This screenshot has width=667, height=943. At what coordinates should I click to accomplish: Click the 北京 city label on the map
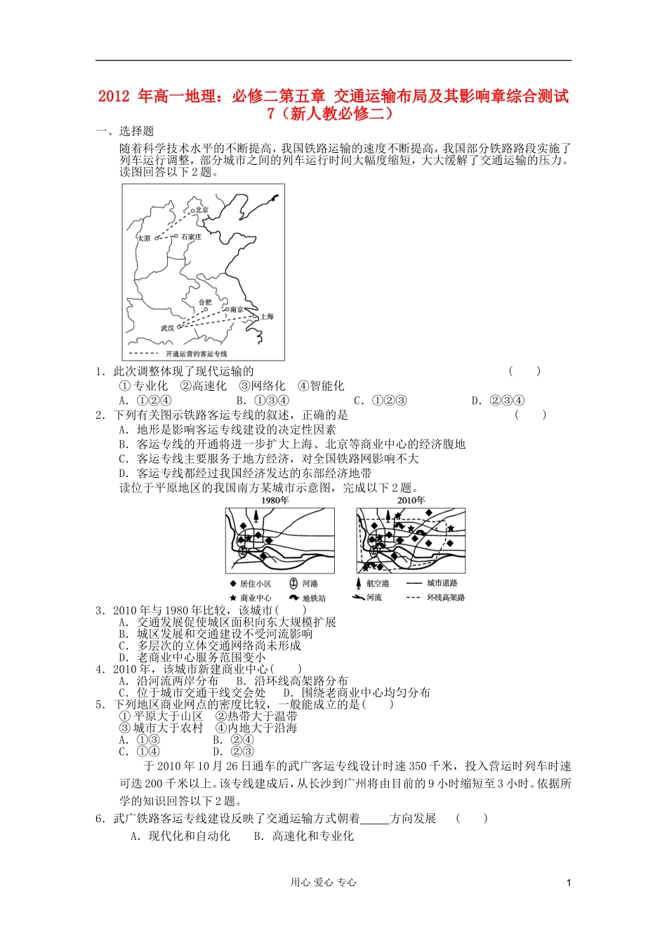point(202,210)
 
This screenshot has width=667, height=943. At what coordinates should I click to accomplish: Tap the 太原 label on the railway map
point(144,239)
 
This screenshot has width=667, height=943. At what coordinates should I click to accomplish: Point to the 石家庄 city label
point(191,237)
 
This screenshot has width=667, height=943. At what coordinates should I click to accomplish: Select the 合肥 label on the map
point(204,302)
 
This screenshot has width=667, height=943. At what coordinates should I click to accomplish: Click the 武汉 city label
point(167,328)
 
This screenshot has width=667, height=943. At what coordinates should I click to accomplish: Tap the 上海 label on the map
point(268,316)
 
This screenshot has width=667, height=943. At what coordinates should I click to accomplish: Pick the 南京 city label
point(237,309)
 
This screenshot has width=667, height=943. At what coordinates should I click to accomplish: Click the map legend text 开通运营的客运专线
point(196,354)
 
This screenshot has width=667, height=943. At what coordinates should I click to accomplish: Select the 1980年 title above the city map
point(275,500)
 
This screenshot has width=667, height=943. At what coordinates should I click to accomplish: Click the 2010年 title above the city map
point(411,500)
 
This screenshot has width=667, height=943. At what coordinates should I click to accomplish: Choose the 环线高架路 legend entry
point(446,598)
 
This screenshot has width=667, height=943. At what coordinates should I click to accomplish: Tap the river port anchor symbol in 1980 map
point(243,552)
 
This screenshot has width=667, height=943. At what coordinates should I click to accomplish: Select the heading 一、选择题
point(125,131)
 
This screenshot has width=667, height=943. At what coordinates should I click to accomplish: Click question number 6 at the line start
point(100,818)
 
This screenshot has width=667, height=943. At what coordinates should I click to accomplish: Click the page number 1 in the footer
point(569,883)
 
